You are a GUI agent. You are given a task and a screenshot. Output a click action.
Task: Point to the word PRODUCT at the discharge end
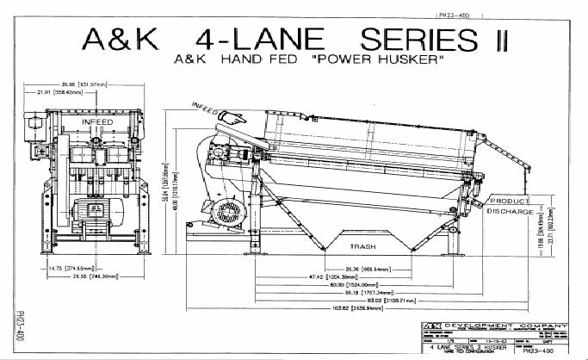515,200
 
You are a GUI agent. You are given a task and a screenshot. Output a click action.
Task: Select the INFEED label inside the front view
97,122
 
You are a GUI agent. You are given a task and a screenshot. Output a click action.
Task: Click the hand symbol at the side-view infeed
230,116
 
